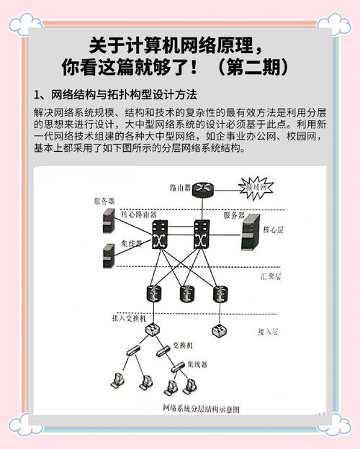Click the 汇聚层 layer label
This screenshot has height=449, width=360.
(271, 275)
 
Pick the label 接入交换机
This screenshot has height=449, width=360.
(130, 317)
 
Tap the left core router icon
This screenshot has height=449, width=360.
(158, 235)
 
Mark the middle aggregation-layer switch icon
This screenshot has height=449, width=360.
(186, 293)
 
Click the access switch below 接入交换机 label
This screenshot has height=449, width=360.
(153, 331)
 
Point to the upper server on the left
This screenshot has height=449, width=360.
(108, 221)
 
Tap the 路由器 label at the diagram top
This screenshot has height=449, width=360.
(180, 187)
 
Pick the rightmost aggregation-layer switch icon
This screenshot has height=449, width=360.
(218, 293)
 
